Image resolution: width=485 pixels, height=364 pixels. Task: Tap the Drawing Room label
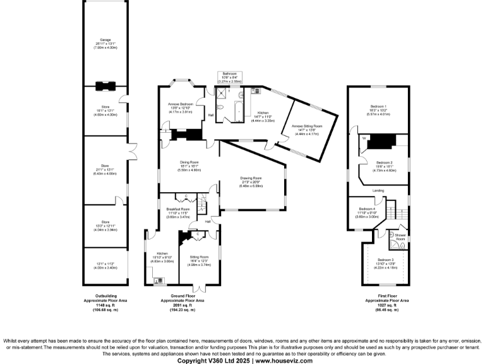click(251, 178)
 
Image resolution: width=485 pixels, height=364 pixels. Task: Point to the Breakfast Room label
click(178, 209)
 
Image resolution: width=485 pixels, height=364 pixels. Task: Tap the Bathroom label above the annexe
click(227, 73)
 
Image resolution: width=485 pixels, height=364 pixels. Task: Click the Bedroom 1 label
click(379, 106)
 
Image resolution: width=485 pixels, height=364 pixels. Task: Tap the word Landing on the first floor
click(379, 190)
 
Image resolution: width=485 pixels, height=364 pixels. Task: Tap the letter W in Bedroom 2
click(364, 137)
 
